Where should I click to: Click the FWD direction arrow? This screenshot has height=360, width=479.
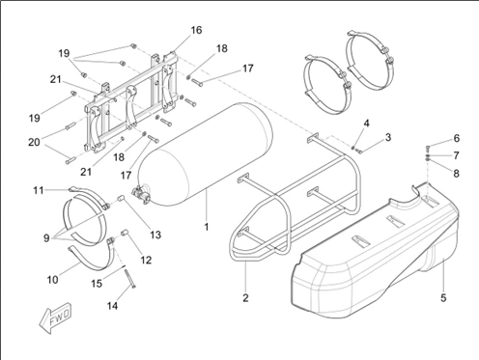pos(55,318)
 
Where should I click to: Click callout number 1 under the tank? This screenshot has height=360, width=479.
pos(207,227)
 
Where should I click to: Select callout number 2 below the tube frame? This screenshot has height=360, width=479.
pos(245,298)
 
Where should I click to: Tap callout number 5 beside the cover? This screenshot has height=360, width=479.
pos(443,298)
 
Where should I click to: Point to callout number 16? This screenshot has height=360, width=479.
pos(196,30)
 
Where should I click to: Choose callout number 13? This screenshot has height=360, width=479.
pos(155,235)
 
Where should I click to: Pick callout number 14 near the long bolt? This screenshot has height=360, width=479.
pos(112,306)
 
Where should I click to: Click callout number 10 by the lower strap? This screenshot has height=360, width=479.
pos(53,280)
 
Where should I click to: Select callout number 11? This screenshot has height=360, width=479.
pos(39,190)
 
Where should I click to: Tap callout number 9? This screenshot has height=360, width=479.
pos(46,238)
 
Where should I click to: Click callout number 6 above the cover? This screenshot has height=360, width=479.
pos(457,138)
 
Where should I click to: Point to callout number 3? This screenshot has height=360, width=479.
pos(388,137)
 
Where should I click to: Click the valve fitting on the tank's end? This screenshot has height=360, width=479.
pos(141,195)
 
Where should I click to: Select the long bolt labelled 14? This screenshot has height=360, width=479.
pos(129,278)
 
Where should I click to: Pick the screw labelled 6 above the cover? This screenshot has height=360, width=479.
pos(428,149)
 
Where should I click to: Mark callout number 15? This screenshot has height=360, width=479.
pos(97,284)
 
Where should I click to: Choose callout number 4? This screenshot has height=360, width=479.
pos(367,124)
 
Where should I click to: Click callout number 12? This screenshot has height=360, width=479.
pos(146,260)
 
